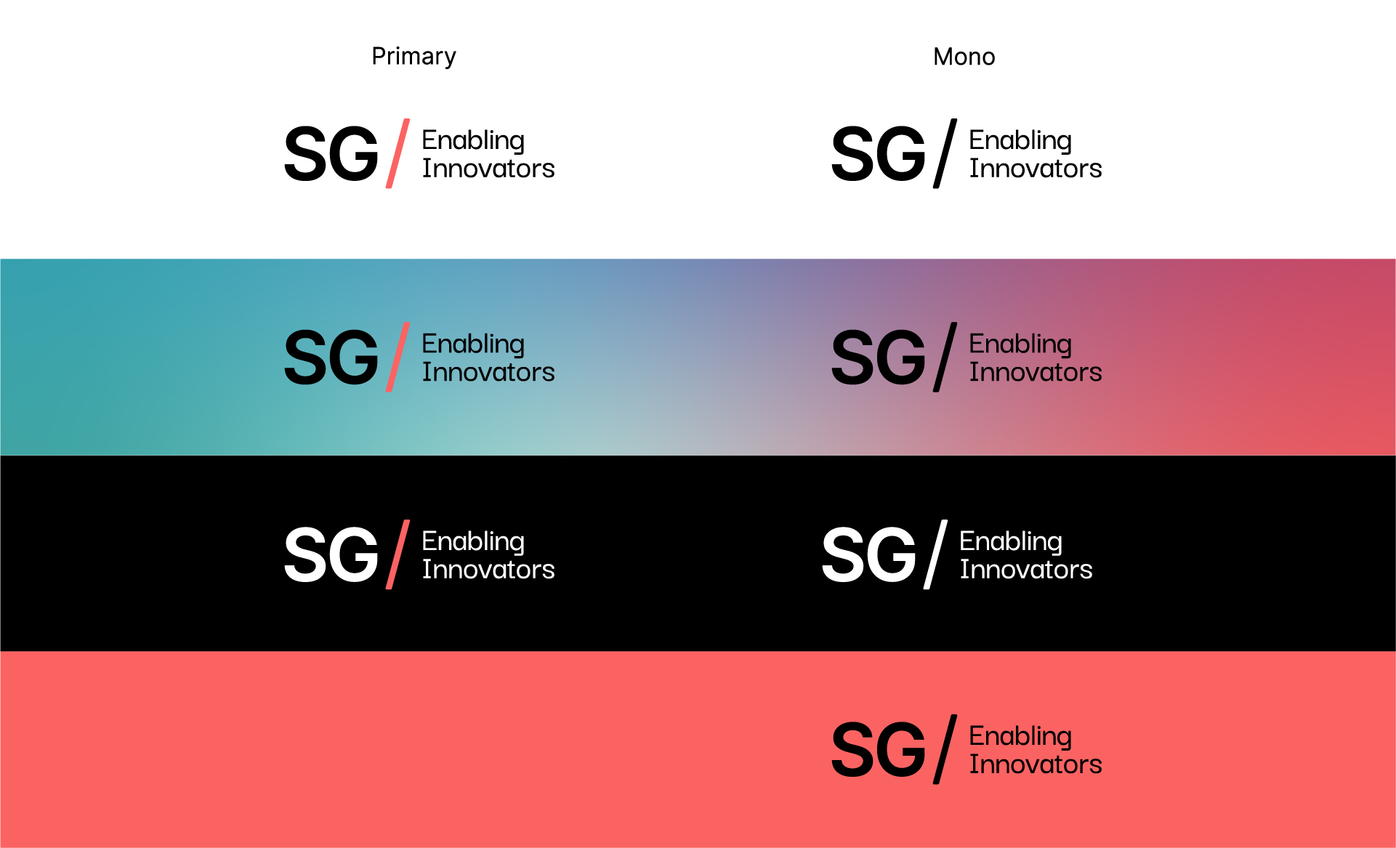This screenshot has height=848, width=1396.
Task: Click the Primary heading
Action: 413,57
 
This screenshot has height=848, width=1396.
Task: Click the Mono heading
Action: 964,57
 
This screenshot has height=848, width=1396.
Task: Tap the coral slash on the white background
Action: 398,153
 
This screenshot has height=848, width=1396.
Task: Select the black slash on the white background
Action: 945,153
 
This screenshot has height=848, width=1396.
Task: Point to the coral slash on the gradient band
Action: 398,357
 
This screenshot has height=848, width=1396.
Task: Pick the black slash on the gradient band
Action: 945,357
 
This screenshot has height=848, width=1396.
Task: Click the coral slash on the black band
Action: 398,554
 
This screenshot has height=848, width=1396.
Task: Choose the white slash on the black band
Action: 935,554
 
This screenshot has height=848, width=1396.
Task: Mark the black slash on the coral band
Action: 945,749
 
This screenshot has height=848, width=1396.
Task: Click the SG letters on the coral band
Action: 879,749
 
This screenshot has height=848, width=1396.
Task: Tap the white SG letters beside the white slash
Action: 869,554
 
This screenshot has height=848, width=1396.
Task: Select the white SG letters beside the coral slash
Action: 331,554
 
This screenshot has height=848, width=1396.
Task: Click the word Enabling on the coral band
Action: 1020,737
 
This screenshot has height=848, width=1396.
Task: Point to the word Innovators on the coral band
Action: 1036,764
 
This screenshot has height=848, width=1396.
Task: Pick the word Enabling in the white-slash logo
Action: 1011,542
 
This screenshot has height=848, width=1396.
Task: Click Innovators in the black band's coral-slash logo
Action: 488,570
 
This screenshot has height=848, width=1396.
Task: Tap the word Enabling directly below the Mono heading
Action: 1020,141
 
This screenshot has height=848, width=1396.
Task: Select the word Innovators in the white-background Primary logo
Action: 488,169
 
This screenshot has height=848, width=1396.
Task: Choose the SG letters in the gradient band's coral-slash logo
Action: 331,357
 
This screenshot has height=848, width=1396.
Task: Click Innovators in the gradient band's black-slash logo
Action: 1036,372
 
